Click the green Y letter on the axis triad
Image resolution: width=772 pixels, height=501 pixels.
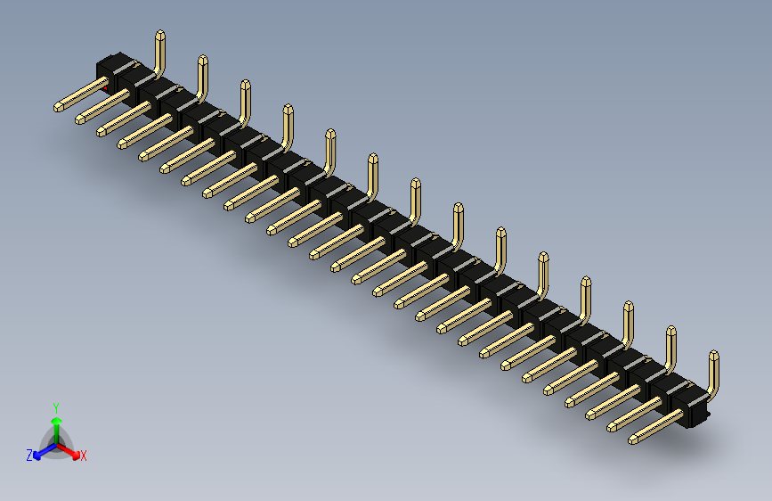pyautogui.click(x=55, y=406)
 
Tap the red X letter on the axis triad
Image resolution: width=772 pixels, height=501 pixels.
pyautogui.click(x=84, y=456)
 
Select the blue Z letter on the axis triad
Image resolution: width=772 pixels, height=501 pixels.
pyautogui.click(x=29, y=455)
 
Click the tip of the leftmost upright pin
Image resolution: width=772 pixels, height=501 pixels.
pyautogui.click(x=160, y=36)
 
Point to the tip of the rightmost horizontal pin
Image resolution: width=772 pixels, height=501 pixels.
pyautogui.click(x=633, y=439)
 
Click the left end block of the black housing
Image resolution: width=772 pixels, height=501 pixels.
pyautogui.click(x=111, y=70)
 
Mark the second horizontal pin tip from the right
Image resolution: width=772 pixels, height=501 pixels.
pyautogui.click(x=612, y=427)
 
